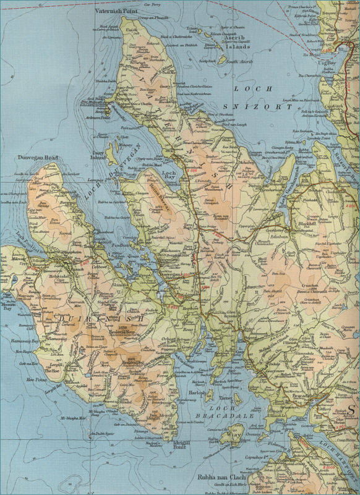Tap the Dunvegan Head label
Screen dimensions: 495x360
pyautogui.click(x=38, y=158)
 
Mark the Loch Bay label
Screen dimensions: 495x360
pyautogui.click(x=168, y=174)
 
